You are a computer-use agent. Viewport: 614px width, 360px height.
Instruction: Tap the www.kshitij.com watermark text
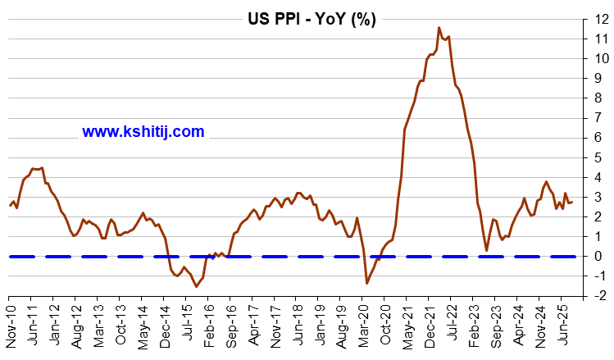[x=143, y=131]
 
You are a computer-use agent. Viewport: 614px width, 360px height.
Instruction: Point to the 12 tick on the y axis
[x=602, y=19]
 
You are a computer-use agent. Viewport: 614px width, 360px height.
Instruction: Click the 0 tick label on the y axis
[x=602, y=256]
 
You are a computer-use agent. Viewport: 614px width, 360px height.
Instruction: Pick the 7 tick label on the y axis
[x=602, y=117]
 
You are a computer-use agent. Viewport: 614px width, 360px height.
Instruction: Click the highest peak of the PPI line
[x=439, y=28]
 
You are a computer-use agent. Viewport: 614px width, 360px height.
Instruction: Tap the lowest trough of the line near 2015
[x=196, y=286]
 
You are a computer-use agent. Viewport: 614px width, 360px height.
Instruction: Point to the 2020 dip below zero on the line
[x=366, y=283]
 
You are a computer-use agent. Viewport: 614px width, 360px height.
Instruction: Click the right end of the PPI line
[x=572, y=201]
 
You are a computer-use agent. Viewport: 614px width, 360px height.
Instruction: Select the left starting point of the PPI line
[x=10, y=205]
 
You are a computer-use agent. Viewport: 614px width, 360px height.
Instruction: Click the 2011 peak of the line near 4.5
[x=41, y=167]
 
